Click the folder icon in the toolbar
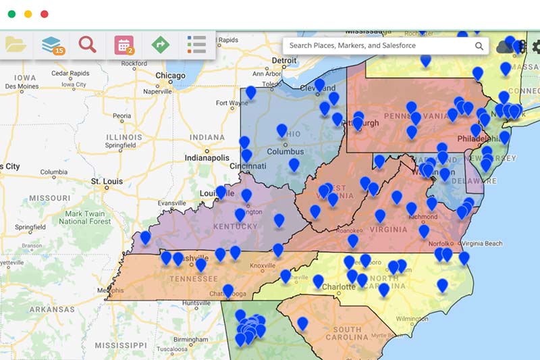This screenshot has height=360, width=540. (x=16, y=45)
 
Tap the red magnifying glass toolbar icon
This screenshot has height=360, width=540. (x=87, y=45)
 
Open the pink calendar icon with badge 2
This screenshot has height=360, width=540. (x=124, y=45)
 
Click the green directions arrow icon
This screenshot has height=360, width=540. (x=160, y=45)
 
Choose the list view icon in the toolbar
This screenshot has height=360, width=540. (x=196, y=45)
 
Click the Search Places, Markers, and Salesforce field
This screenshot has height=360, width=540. (x=378, y=46)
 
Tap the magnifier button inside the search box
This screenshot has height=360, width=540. (x=479, y=46)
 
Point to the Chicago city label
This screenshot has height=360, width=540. (x=170, y=76)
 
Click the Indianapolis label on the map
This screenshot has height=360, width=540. (x=207, y=157)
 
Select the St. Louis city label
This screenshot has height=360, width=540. (x=105, y=182)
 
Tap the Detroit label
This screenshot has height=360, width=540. (x=284, y=60)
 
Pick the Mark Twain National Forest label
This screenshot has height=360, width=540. (x=86, y=216)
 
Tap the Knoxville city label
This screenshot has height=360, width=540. (x=263, y=265)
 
